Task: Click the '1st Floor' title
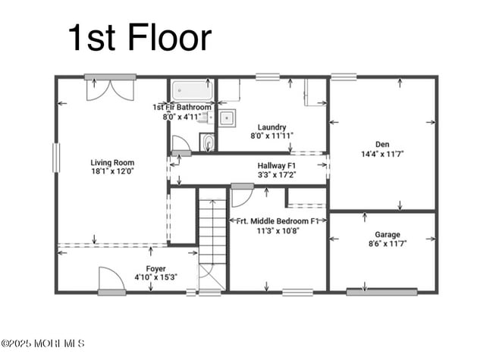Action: (x=140, y=38)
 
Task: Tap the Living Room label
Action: (x=112, y=162)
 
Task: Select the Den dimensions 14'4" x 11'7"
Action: (x=382, y=154)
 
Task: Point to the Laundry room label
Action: (x=272, y=127)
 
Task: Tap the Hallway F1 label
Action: (x=276, y=165)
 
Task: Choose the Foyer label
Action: (x=156, y=268)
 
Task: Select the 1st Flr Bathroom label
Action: (x=182, y=108)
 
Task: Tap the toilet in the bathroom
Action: (x=208, y=142)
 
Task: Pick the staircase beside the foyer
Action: (x=212, y=231)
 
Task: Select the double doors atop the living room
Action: (x=111, y=89)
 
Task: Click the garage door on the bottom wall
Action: (x=382, y=292)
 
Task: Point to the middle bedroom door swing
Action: (x=241, y=196)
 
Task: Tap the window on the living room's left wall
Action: (x=55, y=158)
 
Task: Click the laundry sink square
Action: (x=227, y=117)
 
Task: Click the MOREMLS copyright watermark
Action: (x=43, y=343)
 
